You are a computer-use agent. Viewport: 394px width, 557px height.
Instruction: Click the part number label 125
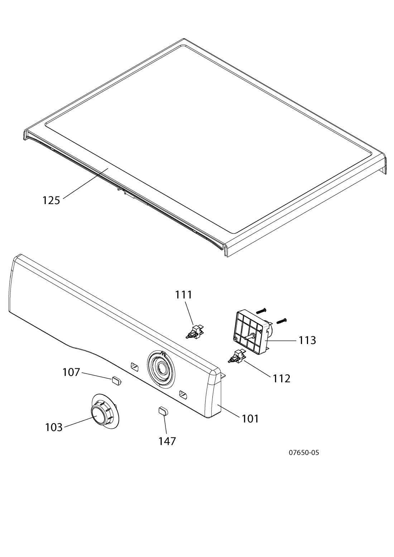[51, 200]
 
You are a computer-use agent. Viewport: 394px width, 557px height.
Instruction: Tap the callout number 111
[184, 295]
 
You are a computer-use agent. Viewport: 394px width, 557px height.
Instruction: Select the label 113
[308, 340]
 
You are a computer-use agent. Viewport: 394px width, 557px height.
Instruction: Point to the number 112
[282, 378]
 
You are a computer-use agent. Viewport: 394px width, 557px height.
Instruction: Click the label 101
[250, 418]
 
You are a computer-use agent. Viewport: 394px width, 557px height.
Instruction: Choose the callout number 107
[71, 372]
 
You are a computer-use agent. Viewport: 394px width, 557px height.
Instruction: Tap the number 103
[54, 427]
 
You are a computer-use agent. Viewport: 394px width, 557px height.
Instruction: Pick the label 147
[167, 441]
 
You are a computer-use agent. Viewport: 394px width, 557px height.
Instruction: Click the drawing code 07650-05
[304, 452]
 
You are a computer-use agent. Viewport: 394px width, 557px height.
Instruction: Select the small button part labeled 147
[163, 410]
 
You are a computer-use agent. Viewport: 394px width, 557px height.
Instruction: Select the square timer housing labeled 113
[251, 332]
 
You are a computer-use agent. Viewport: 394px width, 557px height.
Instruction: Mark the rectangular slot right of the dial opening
[183, 394]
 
